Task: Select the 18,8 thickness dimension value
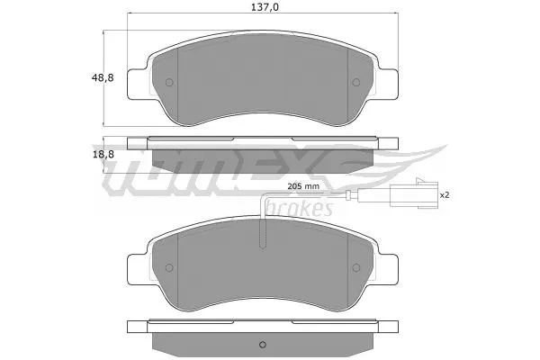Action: pos(103,154)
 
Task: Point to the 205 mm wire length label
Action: pos(303,185)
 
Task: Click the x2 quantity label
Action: pos(444,193)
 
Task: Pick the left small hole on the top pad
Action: pos(169,85)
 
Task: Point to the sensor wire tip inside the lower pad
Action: pos(262,247)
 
